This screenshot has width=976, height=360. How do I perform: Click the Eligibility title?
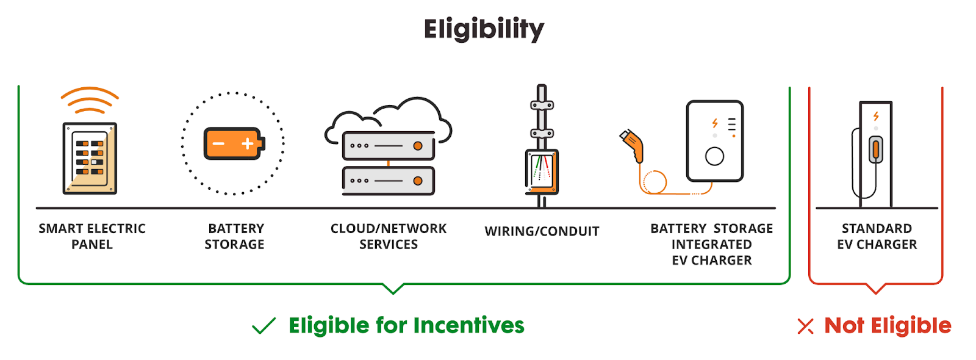(484, 29)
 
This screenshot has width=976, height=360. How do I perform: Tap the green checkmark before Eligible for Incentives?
(264, 326)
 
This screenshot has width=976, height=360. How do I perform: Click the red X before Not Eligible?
(805, 326)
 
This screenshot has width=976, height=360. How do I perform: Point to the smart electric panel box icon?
(90, 159)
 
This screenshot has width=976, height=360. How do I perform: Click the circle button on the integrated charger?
(714, 157)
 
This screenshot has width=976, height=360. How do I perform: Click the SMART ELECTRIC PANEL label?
(92, 236)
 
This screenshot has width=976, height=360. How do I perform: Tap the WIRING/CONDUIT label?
(542, 231)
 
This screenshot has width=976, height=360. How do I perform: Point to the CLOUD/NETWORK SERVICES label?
(389, 236)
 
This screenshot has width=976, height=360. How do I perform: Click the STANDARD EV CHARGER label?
(877, 236)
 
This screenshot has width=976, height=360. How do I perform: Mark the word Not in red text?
(844, 326)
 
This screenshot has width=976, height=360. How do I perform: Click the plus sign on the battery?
(247, 144)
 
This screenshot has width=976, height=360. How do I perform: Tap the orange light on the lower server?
(418, 181)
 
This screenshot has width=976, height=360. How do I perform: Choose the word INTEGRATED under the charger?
(711, 245)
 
